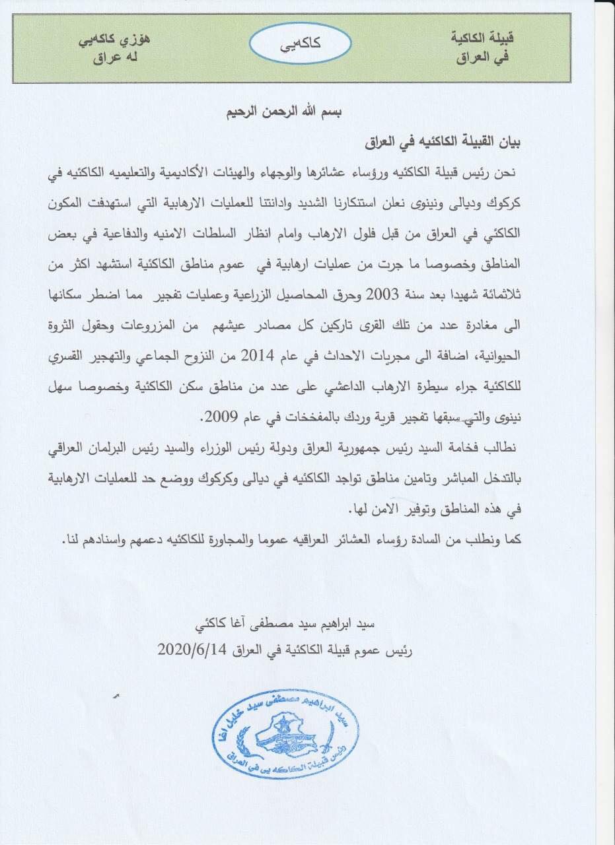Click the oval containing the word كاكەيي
tap(301, 44)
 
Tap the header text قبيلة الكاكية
tap(482, 38)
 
